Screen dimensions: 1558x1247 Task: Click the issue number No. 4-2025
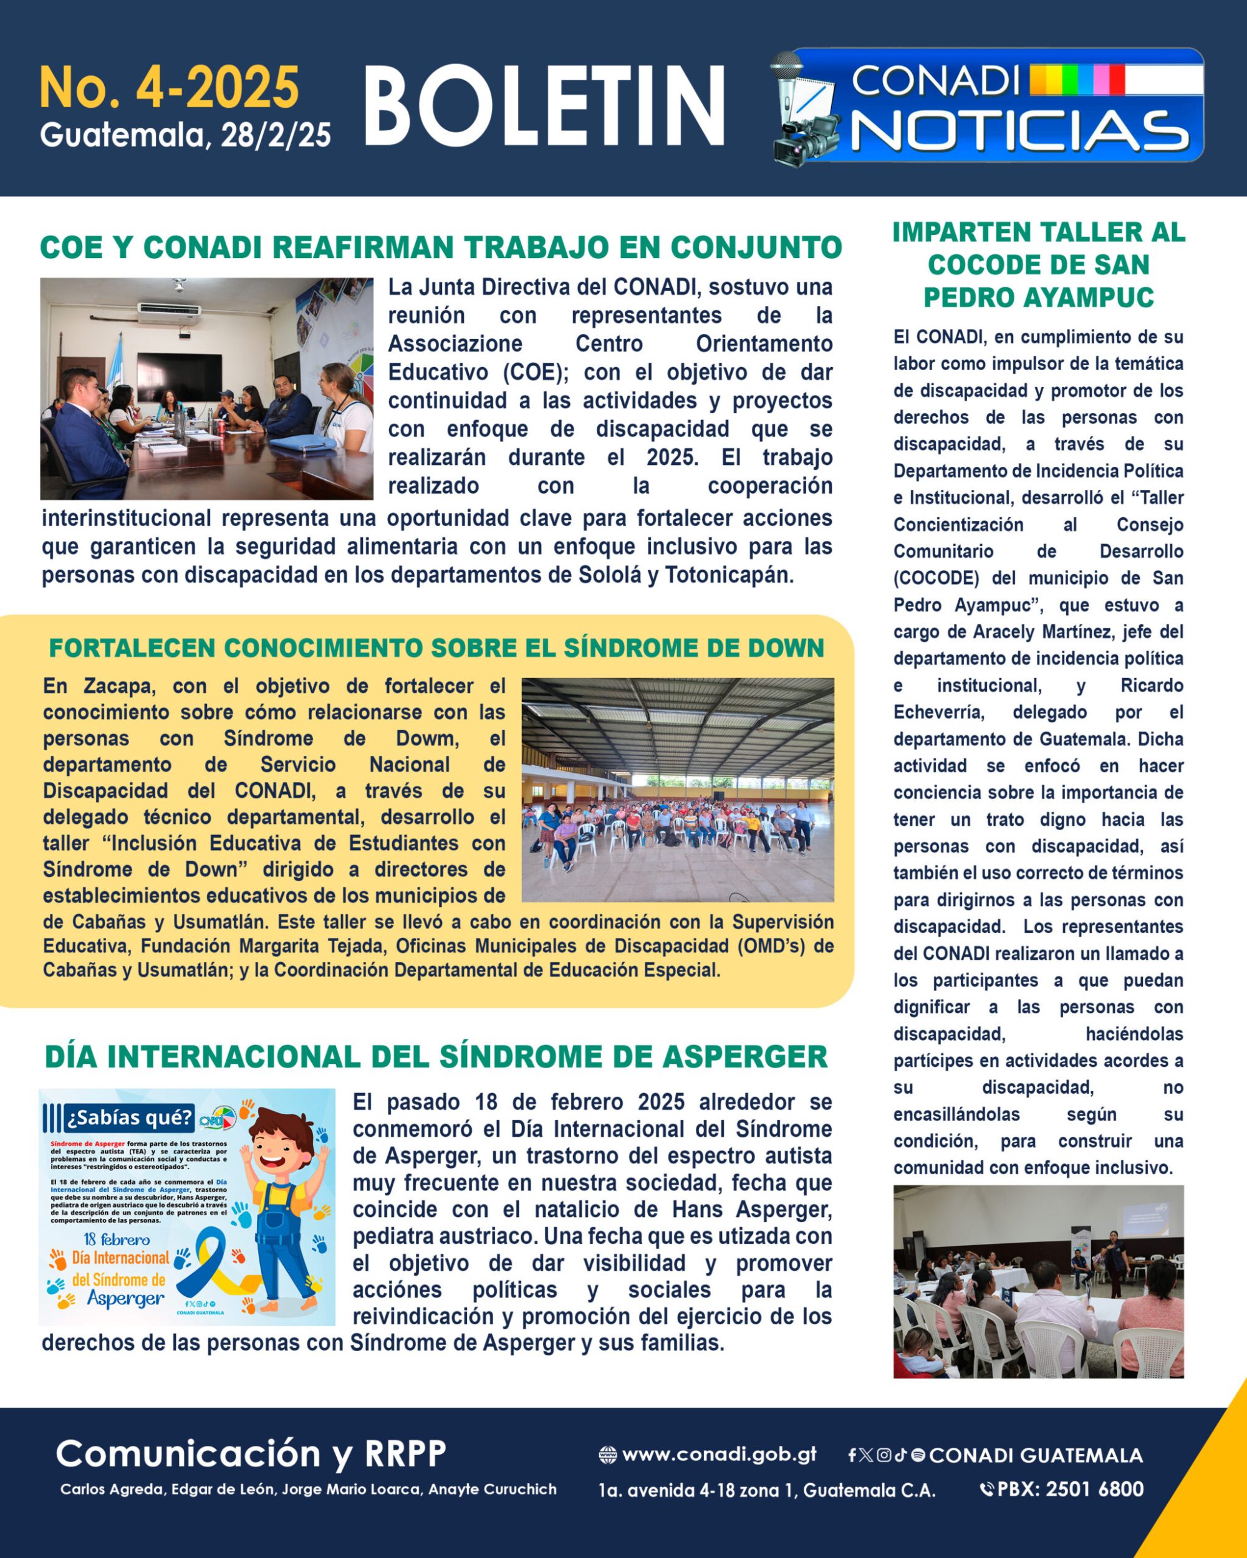tap(169, 88)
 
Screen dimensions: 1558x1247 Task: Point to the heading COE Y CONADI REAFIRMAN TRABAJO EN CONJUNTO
tap(440, 247)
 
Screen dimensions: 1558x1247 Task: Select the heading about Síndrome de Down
tap(436, 648)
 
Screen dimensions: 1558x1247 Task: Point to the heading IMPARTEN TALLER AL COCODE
tap(1038, 264)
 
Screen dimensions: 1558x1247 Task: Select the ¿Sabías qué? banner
tap(130, 1119)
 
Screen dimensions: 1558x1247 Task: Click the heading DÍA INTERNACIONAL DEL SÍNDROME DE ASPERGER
tap(436, 1056)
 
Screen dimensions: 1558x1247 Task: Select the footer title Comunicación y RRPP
tap(251, 1453)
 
